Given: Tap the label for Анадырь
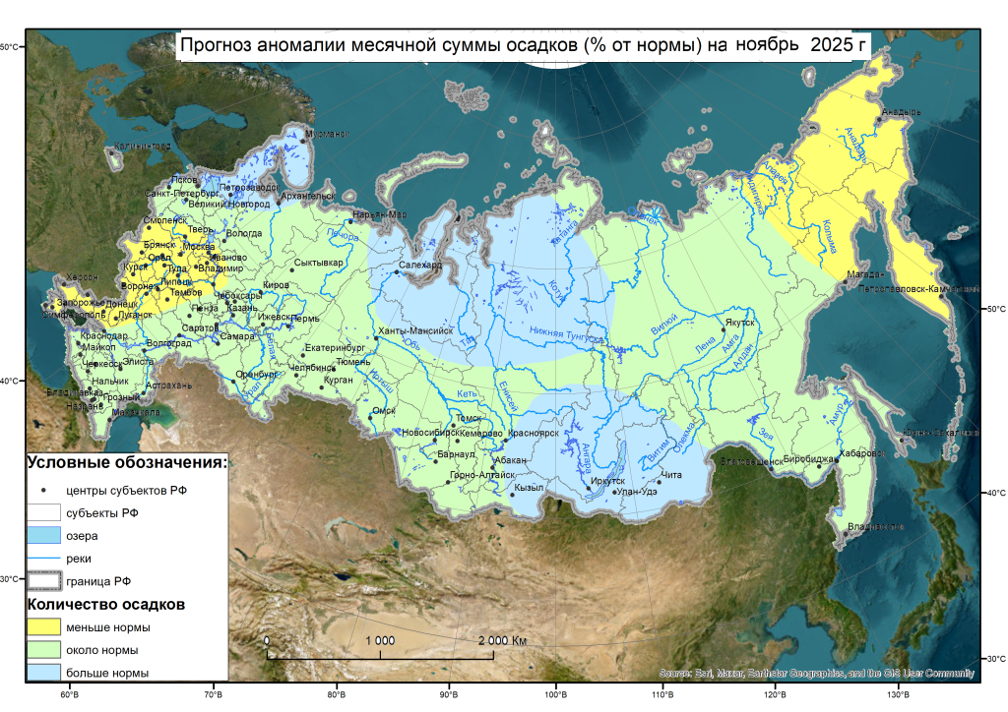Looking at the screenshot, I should coord(901,112).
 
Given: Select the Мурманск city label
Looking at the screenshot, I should coord(327,134).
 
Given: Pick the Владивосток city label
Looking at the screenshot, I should coord(876,527).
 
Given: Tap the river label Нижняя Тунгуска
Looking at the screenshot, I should coord(564,333).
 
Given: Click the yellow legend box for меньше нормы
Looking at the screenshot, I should coord(44,626).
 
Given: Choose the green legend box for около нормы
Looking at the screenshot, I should coord(44,650).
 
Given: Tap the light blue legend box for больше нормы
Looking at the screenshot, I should coord(44,674).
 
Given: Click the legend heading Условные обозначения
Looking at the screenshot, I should coord(127,462).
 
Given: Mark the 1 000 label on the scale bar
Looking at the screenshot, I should coord(380,640).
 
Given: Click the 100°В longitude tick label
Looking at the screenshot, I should coord(556,696).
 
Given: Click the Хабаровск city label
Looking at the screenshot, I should coord(864,453).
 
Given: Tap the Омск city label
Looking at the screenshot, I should coord(384,410).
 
